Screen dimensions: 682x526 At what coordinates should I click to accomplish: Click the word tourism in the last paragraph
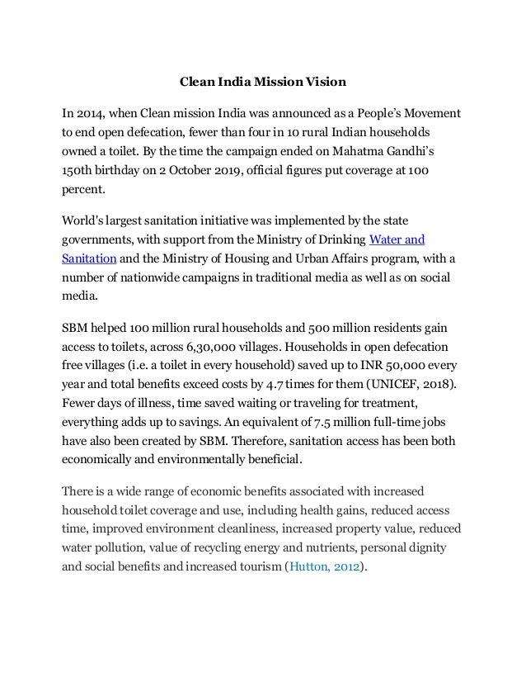pyautogui.click(x=254, y=568)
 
